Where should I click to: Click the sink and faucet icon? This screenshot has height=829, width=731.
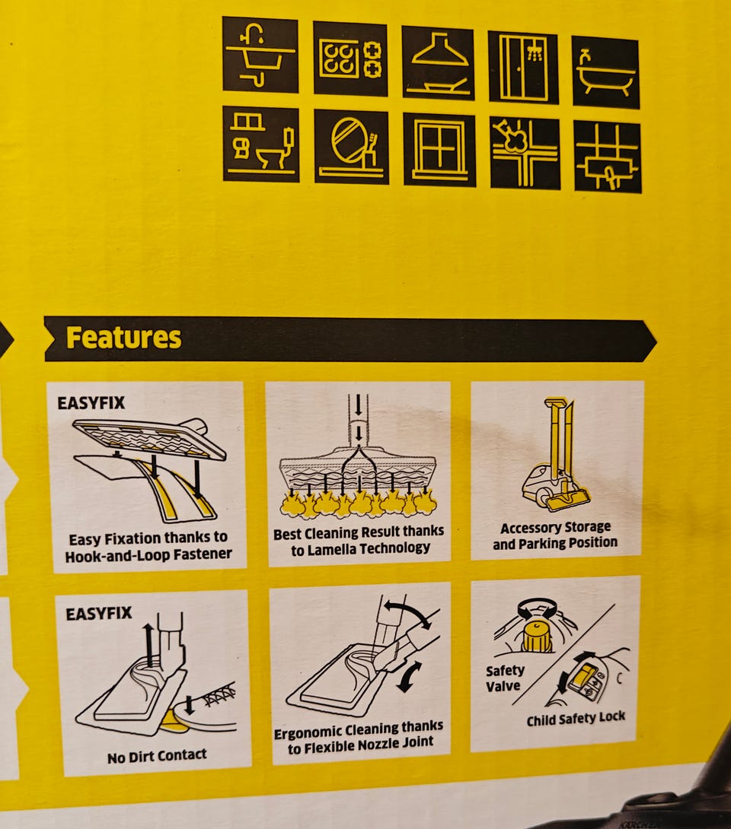coord(260,55)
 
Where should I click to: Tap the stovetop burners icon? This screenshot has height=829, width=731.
coord(350,59)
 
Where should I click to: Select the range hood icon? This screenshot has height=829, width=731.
coord(438,63)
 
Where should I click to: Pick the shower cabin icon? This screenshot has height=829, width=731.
coord(523,67)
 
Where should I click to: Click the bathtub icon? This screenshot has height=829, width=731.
coord(605,72)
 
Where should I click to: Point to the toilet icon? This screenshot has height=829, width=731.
coord(260,144)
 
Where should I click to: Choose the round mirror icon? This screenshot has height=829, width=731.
coord(352,147)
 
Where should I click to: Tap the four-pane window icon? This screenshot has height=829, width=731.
coord(439,150)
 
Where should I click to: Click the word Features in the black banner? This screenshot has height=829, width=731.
coord(123,338)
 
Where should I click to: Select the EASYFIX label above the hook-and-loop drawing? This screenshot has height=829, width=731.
coord(91,403)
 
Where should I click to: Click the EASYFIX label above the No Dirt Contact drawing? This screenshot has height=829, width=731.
coord(99,614)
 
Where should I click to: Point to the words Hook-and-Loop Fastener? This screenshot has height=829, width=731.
coord(148,554)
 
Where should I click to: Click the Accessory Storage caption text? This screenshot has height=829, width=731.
coord(555,528)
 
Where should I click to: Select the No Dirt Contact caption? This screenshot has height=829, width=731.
coord(157,756)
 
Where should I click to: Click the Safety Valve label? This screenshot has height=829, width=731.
coord(504,678)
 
